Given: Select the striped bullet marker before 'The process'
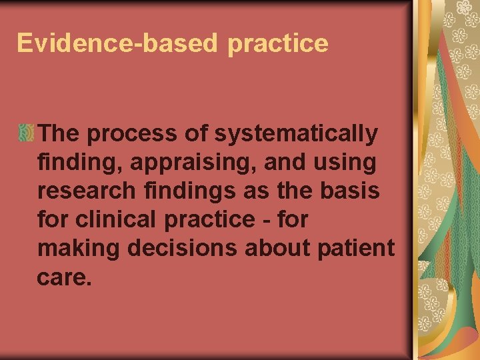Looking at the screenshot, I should coord(27,133).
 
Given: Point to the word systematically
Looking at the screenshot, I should coord(296,135).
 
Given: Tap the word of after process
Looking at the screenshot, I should coord(197,135).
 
